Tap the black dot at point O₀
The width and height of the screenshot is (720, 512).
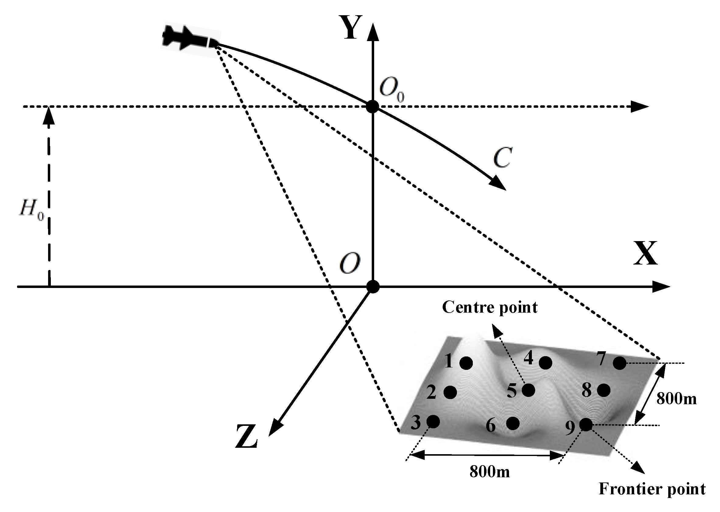[373, 107]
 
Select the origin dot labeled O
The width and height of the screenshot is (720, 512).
[373, 286]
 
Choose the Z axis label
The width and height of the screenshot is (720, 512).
[247, 437]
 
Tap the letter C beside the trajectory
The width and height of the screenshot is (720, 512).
[502, 158]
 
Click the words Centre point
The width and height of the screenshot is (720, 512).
[490, 307]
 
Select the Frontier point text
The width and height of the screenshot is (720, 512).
[652, 489]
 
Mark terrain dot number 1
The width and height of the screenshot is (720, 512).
[466, 363]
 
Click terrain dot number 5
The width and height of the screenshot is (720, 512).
[528, 390]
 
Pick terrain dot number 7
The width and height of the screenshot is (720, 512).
[620, 363]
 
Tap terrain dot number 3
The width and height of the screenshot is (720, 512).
[433, 422]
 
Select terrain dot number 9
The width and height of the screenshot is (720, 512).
[586, 424]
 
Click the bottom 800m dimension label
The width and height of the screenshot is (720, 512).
[490, 472]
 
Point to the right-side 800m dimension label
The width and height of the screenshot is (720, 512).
[676, 399]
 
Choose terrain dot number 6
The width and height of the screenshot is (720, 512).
[513, 423]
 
